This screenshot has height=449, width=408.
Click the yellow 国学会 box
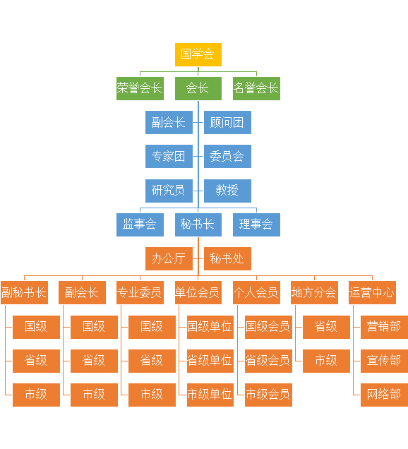coord(198,54)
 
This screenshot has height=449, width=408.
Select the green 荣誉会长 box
coord(140,88)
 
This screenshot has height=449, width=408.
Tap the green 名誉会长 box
coord(256,88)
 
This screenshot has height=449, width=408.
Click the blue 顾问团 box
coord(227,123)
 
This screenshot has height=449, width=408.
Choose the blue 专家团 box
coord(169,156)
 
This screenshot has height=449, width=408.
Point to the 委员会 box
coord(227,156)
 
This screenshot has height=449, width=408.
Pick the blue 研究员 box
coord(169,191)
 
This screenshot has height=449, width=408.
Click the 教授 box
coord(227,191)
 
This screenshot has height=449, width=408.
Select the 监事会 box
coord(140,224)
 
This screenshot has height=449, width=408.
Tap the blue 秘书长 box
coord(198,224)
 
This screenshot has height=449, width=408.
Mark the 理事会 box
coord(256,224)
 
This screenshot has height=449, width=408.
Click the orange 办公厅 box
coord(169,258)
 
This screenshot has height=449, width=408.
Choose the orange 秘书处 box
coord(227,258)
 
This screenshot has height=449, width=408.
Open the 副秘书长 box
coord(24,292)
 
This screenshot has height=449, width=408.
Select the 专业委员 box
coord(140,292)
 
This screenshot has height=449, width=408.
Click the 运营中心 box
coord(372,292)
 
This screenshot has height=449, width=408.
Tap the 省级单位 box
coord(210,361)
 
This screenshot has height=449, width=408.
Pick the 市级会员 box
coord(268,395)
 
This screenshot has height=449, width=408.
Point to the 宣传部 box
coord(384,361)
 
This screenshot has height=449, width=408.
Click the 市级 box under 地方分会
coord(326,361)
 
